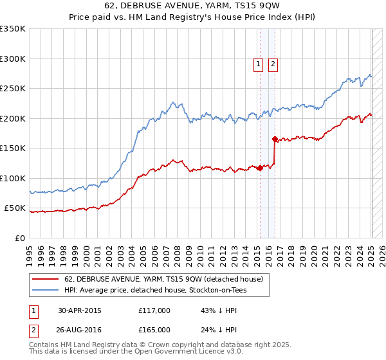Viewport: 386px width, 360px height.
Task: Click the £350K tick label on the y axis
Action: pos(13,29)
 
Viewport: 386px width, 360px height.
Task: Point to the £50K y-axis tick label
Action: pos(15,208)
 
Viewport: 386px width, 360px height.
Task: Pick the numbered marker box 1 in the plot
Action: pos(258,64)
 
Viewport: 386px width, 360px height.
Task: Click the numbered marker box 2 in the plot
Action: pos(273,64)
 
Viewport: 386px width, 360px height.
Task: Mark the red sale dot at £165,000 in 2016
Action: pos(275,139)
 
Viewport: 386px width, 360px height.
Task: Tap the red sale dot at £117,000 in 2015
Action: pos(260,168)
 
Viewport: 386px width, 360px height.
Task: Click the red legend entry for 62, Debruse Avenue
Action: pos(163,280)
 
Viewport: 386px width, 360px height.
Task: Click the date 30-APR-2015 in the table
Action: pos(80,310)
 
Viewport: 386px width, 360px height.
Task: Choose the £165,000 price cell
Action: pos(154,330)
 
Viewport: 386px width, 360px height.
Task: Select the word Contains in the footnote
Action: pos(45,345)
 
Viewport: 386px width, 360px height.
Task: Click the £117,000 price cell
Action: pos(154,310)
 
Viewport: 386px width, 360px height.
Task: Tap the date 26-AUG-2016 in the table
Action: pos(80,330)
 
